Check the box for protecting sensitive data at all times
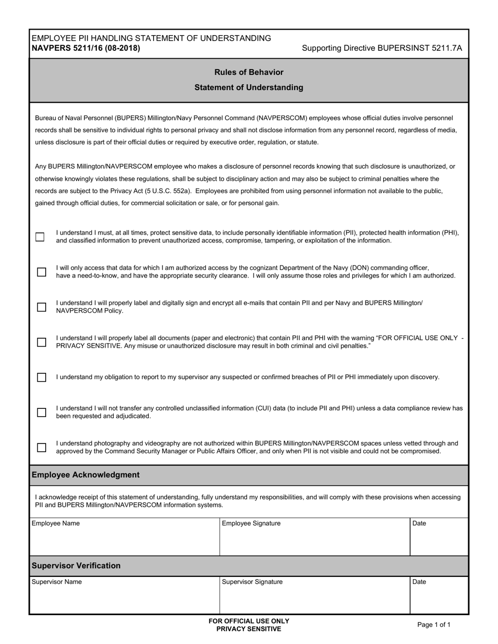click(40, 237)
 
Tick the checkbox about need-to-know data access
click(41, 272)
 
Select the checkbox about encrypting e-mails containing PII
click(41, 307)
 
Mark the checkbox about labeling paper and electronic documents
click(41, 342)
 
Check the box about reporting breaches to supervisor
click(41, 377)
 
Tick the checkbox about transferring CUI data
click(41, 412)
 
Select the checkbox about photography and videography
click(41, 447)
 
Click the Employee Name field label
click(56, 523)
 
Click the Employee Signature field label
click(251, 523)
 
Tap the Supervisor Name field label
click(57, 582)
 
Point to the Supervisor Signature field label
click(252, 582)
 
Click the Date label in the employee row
click(419, 523)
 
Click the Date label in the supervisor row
click(419, 582)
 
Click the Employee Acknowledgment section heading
click(85, 475)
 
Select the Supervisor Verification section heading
click(76, 565)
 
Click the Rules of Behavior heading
click(248, 72)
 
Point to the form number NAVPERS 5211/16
click(85, 48)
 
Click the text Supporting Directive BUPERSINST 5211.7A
click(382, 48)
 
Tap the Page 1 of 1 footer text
click(434, 624)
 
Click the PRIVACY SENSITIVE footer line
click(248, 629)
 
